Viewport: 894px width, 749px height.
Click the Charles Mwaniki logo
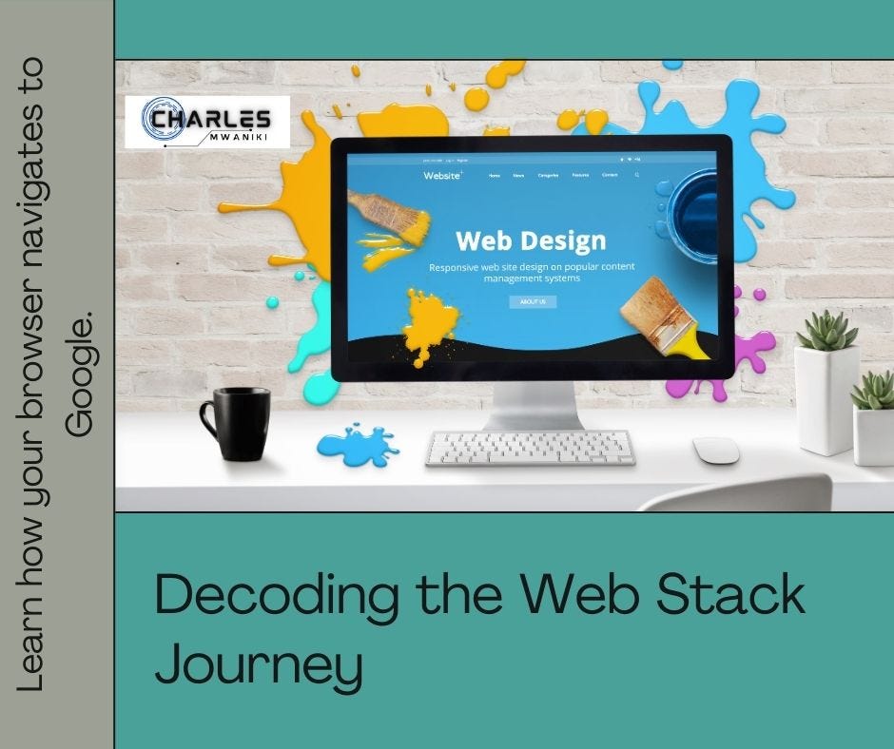pos(207,122)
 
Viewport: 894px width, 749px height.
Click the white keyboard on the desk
pos(530,448)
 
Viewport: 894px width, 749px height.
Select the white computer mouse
pos(715,450)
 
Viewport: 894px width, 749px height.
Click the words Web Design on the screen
pos(531,240)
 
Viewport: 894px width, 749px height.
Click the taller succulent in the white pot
pos(826,333)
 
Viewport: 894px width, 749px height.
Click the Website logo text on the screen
pos(442,176)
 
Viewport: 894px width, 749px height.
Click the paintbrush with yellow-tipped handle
pos(666,318)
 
